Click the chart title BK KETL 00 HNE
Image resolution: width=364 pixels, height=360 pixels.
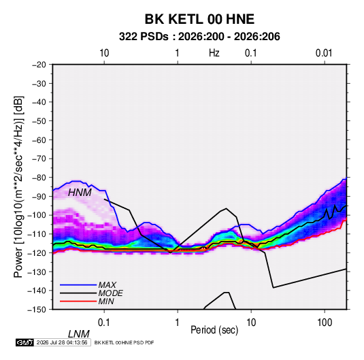[199, 19]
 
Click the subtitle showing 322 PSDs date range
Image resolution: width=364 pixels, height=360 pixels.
[199, 37]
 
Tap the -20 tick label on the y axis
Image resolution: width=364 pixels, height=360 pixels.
[39, 65]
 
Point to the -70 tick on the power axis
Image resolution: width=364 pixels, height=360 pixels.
[39, 159]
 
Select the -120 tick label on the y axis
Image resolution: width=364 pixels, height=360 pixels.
[37, 252]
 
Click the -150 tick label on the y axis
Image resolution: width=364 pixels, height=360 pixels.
[37, 310]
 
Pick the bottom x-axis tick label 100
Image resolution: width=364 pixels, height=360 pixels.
[325, 322]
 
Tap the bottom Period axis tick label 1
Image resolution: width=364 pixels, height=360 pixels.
[178, 322]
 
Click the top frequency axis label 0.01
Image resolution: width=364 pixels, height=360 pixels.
[324, 53]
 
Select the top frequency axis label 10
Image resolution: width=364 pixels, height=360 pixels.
[104, 53]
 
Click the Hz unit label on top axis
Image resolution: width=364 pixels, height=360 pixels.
[214, 53]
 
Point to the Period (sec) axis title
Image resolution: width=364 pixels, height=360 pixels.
[214, 330]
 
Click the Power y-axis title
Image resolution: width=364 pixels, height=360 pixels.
[18, 186]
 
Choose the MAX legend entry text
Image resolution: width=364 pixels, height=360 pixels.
[107, 284]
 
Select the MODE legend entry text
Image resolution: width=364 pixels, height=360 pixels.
[110, 293]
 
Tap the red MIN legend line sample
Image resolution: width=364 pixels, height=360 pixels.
[78, 301]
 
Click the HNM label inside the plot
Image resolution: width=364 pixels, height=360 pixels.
[80, 193]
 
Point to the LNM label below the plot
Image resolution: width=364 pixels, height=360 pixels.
[78, 334]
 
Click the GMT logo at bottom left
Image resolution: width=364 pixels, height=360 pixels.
[25, 342]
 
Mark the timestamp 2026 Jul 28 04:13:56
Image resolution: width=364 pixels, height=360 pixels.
[62, 342]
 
